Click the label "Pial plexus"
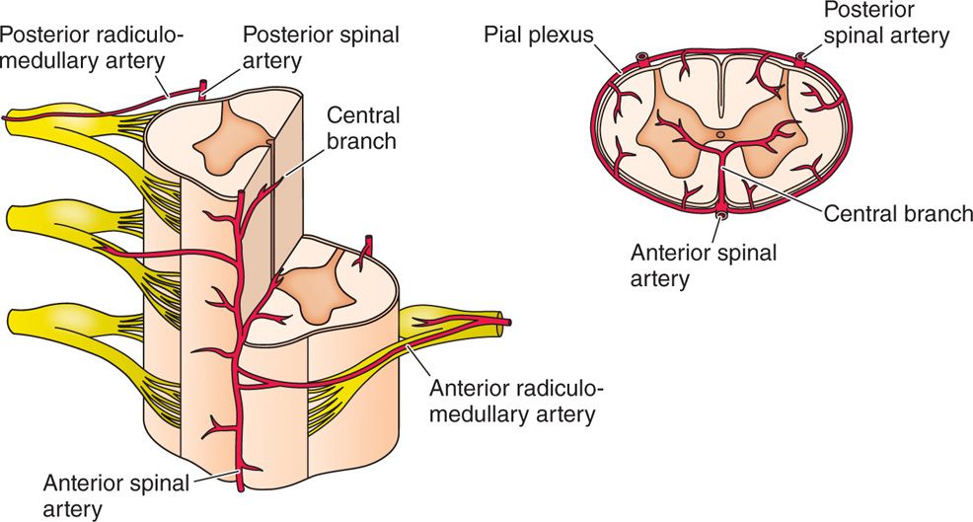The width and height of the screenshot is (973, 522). [538, 36]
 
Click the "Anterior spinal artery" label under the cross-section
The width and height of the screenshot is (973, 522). [704, 263]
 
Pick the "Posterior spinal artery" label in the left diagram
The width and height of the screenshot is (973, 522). [322, 47]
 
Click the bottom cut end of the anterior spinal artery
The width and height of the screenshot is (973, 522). [240, 486]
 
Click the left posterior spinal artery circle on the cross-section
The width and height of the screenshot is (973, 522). [641, 57]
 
